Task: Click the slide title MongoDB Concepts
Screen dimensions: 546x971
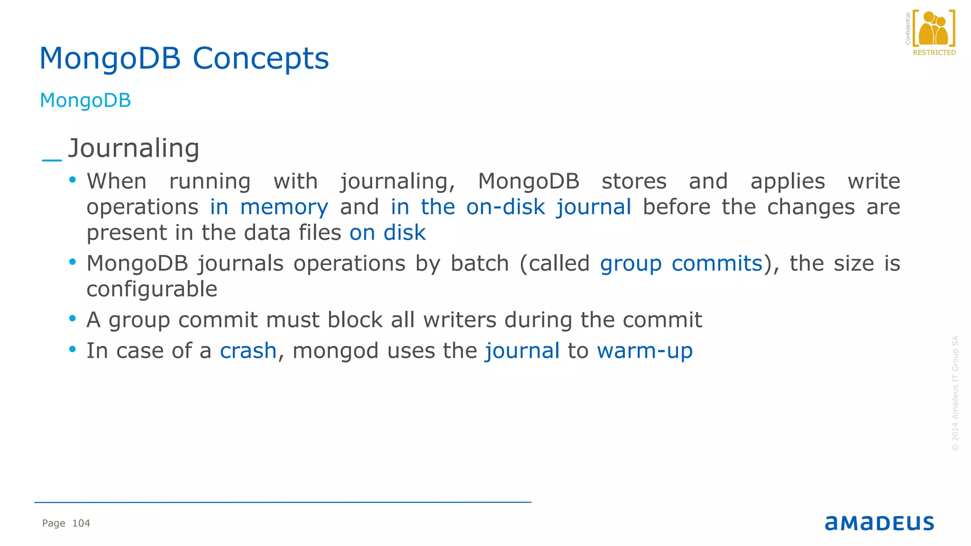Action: click(184, 58)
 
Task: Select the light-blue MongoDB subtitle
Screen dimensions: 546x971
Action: click(85, 100)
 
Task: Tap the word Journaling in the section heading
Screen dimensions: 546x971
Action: click(134, 148)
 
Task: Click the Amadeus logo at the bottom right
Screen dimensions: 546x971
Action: click(879, 523)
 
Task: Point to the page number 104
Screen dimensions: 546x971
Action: click(81, 523)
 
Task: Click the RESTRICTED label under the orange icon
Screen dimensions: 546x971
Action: click(934, 53)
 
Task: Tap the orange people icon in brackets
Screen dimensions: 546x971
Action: click(933, 28)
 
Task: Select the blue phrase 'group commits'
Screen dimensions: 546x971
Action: click(681, 264)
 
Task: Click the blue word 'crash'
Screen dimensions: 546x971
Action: click(248, 351)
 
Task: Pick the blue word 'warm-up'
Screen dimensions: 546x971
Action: click(645, 351)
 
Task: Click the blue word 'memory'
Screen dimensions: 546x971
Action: click(284, 207)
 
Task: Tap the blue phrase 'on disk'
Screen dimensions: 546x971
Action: click(387, 233)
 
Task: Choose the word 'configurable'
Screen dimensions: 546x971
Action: click(152, 289)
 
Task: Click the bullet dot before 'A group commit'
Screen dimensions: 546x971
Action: click(73, 318)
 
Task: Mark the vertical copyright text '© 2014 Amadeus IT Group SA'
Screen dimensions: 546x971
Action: click(955, 393)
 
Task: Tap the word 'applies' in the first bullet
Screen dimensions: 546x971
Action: click(788, 182)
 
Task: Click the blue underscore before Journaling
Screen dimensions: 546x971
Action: click(52, 160)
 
